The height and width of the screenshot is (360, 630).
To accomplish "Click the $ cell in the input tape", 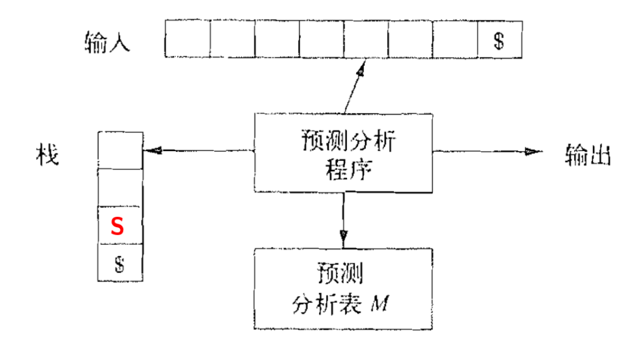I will click(499, 41).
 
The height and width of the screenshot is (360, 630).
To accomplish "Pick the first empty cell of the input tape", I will click(187, 39).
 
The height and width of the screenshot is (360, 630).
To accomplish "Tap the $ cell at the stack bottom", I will click(119, 263).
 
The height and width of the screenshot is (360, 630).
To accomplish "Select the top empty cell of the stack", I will click(121, 150).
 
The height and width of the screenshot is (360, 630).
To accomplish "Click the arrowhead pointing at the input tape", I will click(362, 69).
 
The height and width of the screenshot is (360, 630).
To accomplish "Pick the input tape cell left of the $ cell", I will click(455, 39).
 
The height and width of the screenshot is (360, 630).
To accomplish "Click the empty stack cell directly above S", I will click(121, 187).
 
